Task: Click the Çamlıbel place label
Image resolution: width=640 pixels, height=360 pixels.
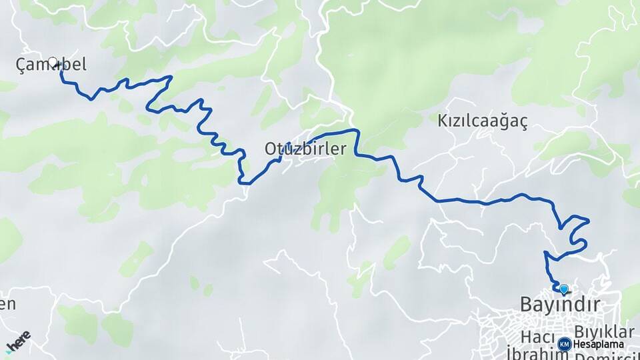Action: tap(51, 65)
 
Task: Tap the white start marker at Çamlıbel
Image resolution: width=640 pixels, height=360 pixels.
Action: tap(53, 62)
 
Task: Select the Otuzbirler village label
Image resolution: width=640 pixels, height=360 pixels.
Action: tap(305, 149)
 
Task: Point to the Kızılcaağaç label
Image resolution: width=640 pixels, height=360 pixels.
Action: tap(483, 121)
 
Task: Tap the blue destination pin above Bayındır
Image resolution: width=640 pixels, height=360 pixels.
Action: tap(564, 289)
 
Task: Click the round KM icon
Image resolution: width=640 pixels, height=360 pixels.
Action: tap(564, 344)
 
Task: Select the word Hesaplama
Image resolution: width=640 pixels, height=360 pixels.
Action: tap(598, 345)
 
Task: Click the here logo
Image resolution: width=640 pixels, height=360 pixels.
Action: tap(18, 341)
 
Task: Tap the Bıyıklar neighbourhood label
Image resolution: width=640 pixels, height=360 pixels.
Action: tap(604, 331)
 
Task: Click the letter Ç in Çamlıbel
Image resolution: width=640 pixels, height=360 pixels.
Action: tap(21, 65)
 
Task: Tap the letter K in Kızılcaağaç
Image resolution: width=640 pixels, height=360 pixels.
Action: tap(442, 121)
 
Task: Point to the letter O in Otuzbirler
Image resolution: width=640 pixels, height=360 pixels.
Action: tap(270, 149)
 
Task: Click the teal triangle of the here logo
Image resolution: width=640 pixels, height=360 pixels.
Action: tap(8, 350)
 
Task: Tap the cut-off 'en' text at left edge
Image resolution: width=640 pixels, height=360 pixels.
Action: tap(7, 305)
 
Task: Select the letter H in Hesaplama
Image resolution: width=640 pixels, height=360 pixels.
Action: tap(576, 345)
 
